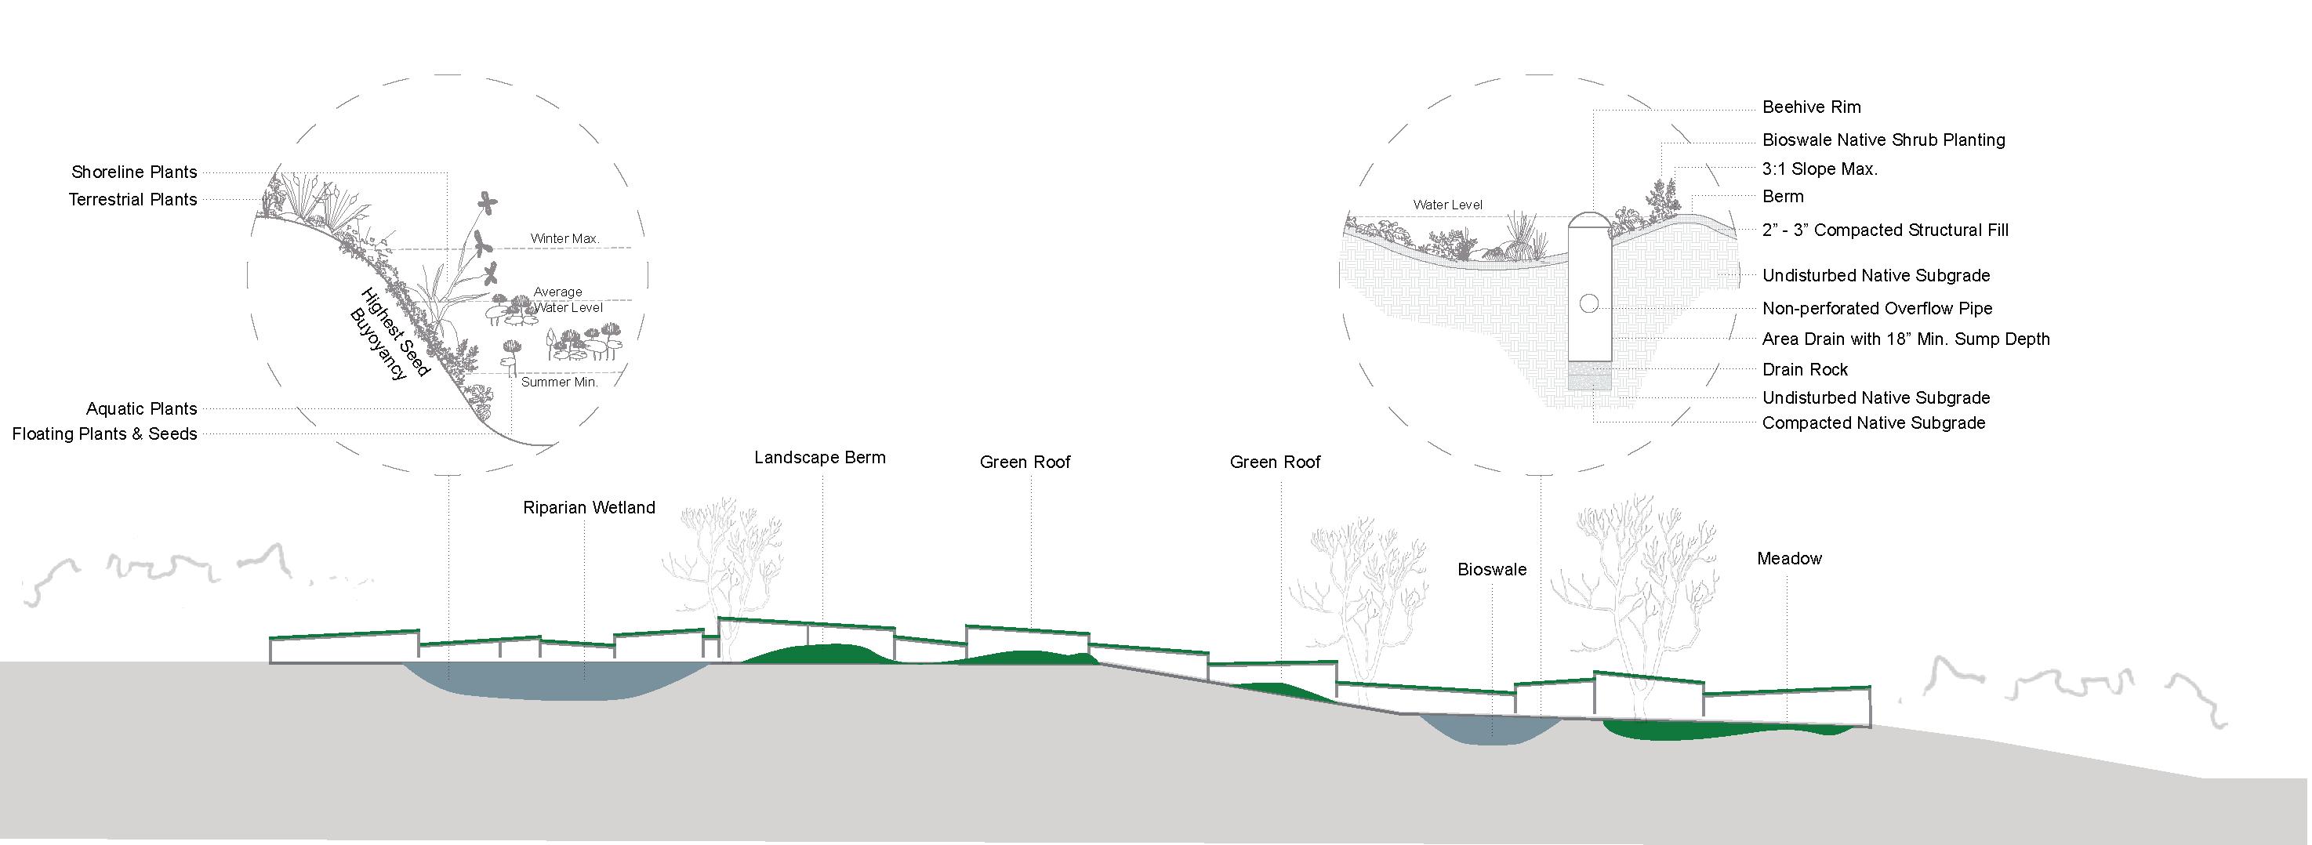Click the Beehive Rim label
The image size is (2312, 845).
click(x=1810, y=107)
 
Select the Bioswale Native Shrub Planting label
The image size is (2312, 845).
click(x=1882, y=140)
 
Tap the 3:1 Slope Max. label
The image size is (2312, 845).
click(x=1820, y=169)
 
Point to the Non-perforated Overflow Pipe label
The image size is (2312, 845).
click(x=1876, y=309)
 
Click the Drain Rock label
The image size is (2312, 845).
click(x=1804, y=369)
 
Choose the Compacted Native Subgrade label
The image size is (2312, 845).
click(x=1872, y=422)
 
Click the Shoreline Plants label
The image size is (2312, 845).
click(x=134, y=172)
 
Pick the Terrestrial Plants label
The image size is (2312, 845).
click(x=132, y=199)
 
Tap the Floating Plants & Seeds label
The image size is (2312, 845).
click(x=104, y=434)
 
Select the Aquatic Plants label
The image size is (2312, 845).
click(x=141, y=409)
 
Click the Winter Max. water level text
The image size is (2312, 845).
click(x=564, y=238)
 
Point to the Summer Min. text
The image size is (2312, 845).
click(x=559, y=383)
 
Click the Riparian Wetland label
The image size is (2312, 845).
click(x=589, y=508)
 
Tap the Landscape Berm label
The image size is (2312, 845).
click(x=818, y=458)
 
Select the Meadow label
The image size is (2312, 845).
click(x=1789, y=559)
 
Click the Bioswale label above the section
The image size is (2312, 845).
click(x=1491, y=570)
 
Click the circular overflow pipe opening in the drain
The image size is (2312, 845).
click(x=1588, y=304)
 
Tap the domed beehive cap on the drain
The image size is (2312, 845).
click(x=1588, y=222)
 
